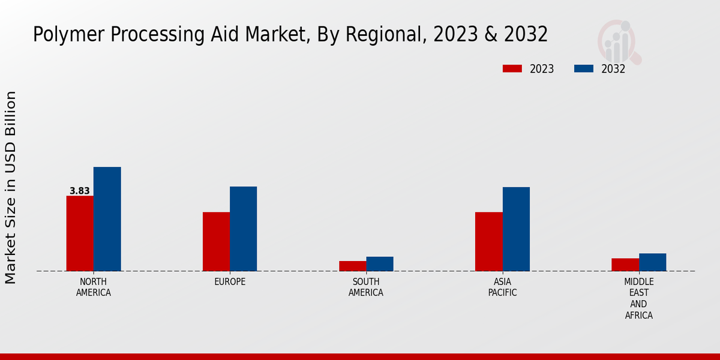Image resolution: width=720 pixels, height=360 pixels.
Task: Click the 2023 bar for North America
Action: coord(80,233)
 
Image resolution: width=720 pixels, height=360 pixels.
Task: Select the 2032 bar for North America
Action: coord(107,219)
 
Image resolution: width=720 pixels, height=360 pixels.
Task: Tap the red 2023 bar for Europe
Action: coord(216,241)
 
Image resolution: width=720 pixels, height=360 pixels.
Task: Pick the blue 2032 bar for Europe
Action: coord(243,229)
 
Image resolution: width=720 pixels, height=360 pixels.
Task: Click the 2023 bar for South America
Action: coord(352,266)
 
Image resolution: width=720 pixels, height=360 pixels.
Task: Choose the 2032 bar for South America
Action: coord(380,264)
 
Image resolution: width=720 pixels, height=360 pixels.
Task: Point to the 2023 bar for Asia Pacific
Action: coord(488,241)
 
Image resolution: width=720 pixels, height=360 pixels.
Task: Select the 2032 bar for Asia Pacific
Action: coord(516,229)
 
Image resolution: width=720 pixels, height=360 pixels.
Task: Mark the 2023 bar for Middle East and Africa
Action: coord(625,265)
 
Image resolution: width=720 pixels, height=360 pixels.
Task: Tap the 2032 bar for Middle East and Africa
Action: coord(652,262)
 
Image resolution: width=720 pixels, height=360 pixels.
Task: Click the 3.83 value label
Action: coord(80,191)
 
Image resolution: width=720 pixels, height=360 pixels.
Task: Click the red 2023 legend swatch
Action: coord(512,69)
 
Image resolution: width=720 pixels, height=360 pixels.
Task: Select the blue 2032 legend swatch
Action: coord(583,69)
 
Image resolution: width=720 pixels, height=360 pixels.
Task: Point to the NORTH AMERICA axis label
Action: coord(94,287)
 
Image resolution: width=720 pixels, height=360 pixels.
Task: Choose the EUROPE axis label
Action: coord(230,282)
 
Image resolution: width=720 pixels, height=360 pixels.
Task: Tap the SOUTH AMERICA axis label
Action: coord(366,287)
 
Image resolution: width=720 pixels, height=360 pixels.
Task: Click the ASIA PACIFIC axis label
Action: coord(502,287)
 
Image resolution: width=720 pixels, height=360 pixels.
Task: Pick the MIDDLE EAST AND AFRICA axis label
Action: coord(639,298)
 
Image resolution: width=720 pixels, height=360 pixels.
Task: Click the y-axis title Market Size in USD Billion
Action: coord(11,187)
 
